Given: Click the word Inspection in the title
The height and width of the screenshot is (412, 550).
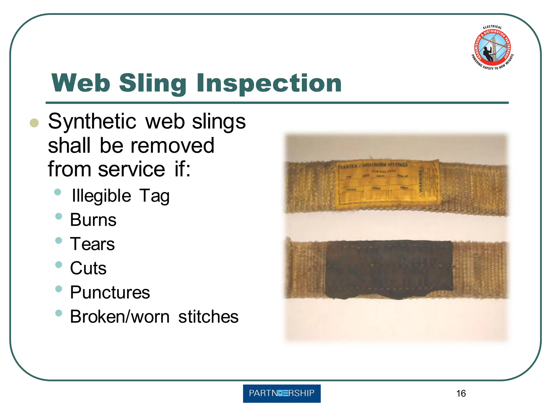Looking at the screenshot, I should [x=269, y=83].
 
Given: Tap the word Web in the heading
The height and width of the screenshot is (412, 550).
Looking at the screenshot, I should [x=81, y=83].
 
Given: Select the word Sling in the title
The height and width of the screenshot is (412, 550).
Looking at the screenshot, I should [x=153, y=84].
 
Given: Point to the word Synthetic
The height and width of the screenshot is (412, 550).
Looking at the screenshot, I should [x=92, y=121].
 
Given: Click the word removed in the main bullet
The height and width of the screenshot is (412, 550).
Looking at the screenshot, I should [x=172, y=146].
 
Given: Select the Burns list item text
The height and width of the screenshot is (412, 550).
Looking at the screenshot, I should [x=93, y=220].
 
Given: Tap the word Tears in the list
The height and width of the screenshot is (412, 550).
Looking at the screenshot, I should [x=92, y=244].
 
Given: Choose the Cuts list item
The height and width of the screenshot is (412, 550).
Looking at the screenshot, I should [x=88, y=268].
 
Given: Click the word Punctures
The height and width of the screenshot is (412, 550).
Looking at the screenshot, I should [x=110, y=292].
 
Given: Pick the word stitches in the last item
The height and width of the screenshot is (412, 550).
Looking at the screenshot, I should [x=208, y=317].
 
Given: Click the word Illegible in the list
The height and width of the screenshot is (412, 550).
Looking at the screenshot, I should [x=101, y=196].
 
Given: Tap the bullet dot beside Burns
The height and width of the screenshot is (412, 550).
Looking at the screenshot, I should [x=59, y=216].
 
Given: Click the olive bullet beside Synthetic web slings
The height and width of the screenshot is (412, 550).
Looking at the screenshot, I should [x=34, y=123].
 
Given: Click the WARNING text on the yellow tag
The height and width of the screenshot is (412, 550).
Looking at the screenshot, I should [x=421, y=180].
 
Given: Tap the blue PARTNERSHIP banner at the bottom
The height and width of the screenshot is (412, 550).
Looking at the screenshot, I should [x=282, y=393].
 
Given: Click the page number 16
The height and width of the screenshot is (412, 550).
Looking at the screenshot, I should [x=461, y=393].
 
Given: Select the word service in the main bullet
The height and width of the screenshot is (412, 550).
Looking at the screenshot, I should [x=132, y=169].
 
